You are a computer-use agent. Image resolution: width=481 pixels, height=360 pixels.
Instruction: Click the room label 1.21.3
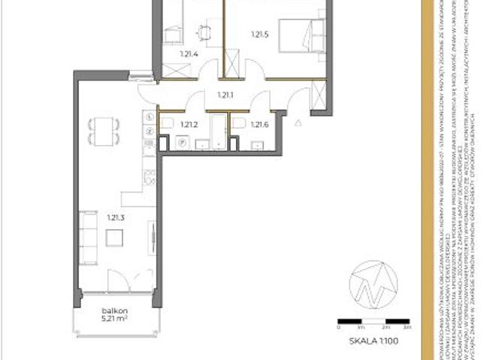115,218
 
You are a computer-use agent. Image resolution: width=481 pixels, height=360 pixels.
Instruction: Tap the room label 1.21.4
188,54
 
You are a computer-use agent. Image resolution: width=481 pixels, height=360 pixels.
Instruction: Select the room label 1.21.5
259,35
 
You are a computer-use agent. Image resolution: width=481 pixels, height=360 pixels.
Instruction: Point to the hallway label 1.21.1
225,95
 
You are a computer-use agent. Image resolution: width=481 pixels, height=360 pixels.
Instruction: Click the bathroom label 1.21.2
188,125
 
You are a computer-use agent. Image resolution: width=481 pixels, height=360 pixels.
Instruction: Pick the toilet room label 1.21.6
259,125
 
